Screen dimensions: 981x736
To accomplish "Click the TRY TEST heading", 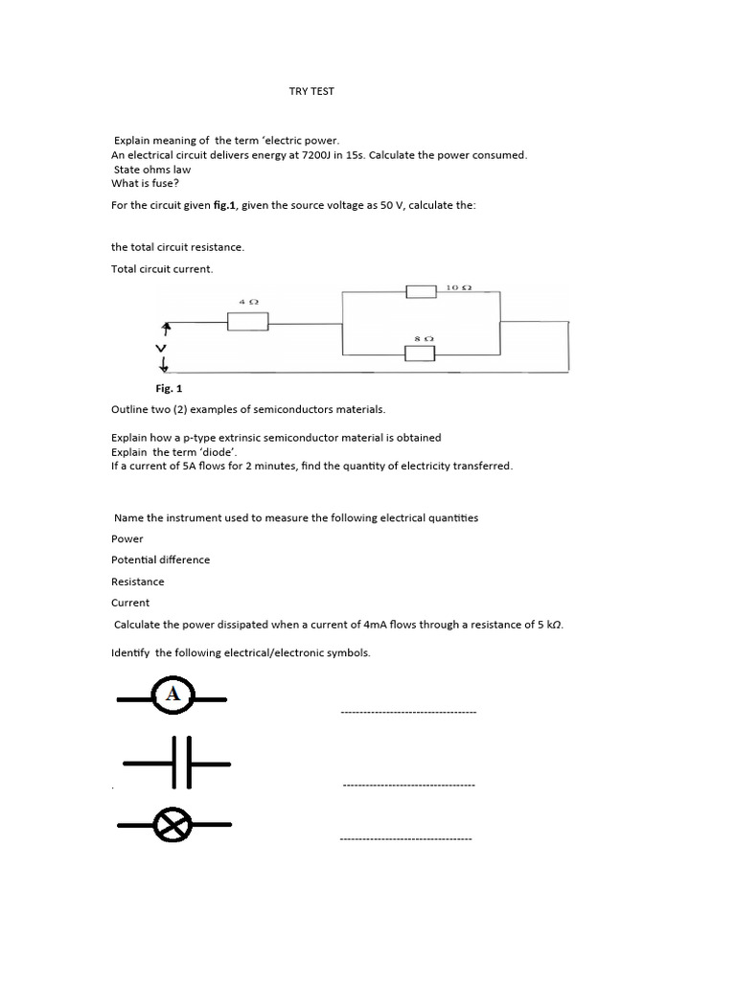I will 311,91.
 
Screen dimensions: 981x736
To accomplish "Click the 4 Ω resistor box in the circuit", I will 247,322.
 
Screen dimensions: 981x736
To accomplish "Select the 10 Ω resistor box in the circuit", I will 422,291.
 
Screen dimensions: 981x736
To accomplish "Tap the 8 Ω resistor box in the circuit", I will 420,354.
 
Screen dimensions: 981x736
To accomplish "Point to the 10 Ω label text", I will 459,286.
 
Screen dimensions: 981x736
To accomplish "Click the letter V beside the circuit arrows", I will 162,346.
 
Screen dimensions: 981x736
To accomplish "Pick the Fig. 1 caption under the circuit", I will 169,389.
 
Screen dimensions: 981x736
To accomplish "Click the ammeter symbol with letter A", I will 173,696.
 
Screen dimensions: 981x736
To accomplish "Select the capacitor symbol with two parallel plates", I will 178,763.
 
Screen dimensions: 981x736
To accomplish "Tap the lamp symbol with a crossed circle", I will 173,825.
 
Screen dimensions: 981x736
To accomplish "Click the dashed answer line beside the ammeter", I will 408,713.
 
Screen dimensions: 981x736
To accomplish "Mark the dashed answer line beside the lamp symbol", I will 405,839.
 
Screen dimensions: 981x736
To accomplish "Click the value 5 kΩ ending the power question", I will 549,625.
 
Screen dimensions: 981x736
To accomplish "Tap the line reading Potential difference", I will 160,559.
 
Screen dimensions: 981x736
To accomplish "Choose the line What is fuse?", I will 146,183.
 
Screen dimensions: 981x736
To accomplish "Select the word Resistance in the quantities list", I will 137,582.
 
